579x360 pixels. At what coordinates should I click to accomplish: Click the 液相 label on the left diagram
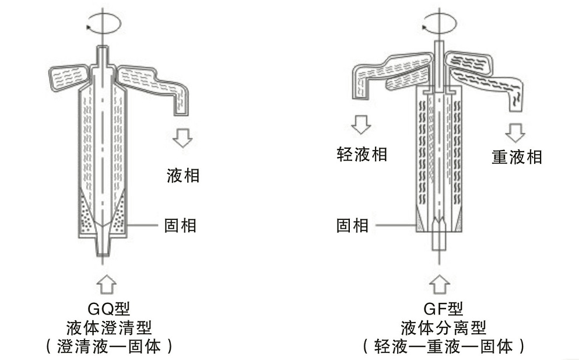(x=183, y=174)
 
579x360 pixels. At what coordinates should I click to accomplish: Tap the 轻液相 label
(x=362, y=154)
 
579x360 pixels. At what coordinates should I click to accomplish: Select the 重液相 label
(x=517, y=157)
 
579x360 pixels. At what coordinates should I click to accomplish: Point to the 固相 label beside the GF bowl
(x=353, y=225)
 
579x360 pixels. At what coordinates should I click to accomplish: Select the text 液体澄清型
(x=104, y=327)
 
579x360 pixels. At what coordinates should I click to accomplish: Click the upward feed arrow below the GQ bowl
(x=103, y=282)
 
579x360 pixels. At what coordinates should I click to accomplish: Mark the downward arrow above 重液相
(x=515, y=132)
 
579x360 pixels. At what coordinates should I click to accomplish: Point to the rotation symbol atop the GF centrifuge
(x=438, y=25)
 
